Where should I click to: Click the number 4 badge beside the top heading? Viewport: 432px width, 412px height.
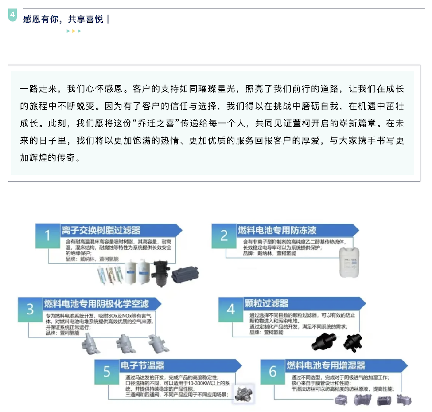(12, 16)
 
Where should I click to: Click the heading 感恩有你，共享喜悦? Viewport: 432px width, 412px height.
(63, 19)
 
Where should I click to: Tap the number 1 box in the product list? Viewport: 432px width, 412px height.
(48, 235)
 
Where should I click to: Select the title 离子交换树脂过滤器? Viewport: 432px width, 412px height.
(101, 230)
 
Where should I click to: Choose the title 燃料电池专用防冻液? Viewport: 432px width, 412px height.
(277, 230)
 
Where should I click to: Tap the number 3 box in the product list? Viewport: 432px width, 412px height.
(30, 309)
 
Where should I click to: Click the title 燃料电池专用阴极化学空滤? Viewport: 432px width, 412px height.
(96, 304)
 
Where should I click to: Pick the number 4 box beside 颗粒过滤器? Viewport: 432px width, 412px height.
(231, 309)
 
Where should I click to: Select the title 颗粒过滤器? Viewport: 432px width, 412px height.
(267, 304)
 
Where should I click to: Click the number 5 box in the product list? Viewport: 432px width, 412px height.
(107, 371)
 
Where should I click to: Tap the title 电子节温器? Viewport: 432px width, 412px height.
(142, 366)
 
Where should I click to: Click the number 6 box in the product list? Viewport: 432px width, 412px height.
(272, 371)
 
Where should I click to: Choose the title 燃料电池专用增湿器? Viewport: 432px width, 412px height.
(326, 366)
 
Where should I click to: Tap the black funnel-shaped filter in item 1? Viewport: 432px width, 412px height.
(158, 273)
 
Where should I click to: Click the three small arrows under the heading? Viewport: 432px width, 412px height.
(74, 31)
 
